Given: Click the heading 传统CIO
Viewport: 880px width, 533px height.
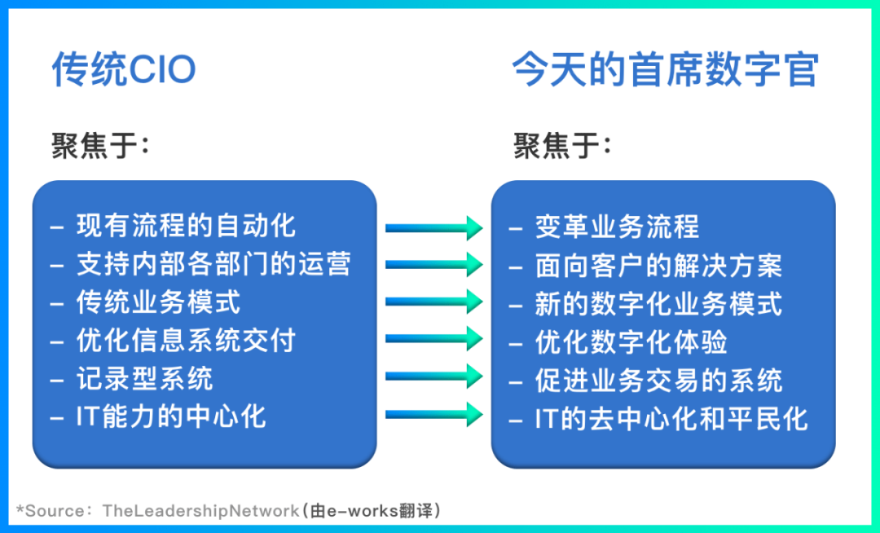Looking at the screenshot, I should pos(124,70).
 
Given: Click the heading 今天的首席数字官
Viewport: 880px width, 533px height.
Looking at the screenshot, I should pos(664,70).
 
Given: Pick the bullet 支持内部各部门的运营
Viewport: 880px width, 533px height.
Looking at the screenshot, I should pos(213,263).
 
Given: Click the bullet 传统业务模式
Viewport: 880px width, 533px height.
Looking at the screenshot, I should pos(158,302).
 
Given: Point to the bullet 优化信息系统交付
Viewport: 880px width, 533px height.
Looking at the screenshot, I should pos(186,340).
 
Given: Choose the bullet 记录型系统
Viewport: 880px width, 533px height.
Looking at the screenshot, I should pos(144,378).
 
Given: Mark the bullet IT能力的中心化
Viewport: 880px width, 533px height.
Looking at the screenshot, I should pos(171,416).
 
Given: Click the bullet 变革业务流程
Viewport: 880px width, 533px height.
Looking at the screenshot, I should pos(617,227).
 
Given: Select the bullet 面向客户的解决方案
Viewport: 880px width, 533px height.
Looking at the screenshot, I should pos(658,265).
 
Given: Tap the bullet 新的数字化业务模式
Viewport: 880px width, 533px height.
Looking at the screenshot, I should pos(658,303).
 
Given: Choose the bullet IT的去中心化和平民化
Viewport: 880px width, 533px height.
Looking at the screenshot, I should pos(671,418).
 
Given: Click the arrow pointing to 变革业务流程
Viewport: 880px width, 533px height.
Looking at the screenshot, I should pos(434,227).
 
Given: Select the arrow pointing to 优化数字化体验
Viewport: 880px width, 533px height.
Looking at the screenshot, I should pos(434,337).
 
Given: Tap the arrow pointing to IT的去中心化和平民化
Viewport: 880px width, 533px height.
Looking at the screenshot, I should pos(434,413).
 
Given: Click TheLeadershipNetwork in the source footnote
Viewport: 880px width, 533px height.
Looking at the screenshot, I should pos(200,511).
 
